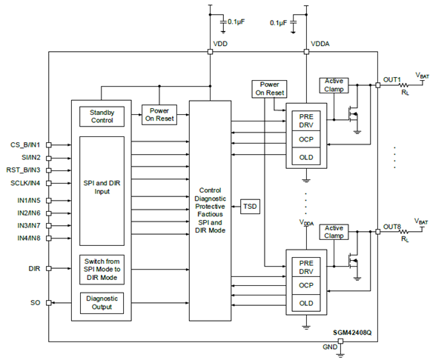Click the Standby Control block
pos(102,116)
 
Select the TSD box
pos(251,207)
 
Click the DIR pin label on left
pos(33,269)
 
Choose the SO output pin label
pos(35,302)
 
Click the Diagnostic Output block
pos(102,302)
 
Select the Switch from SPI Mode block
pos(102,269)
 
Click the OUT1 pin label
pos(391,79)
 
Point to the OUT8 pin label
pos(391,227)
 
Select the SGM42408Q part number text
pos(352,334)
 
